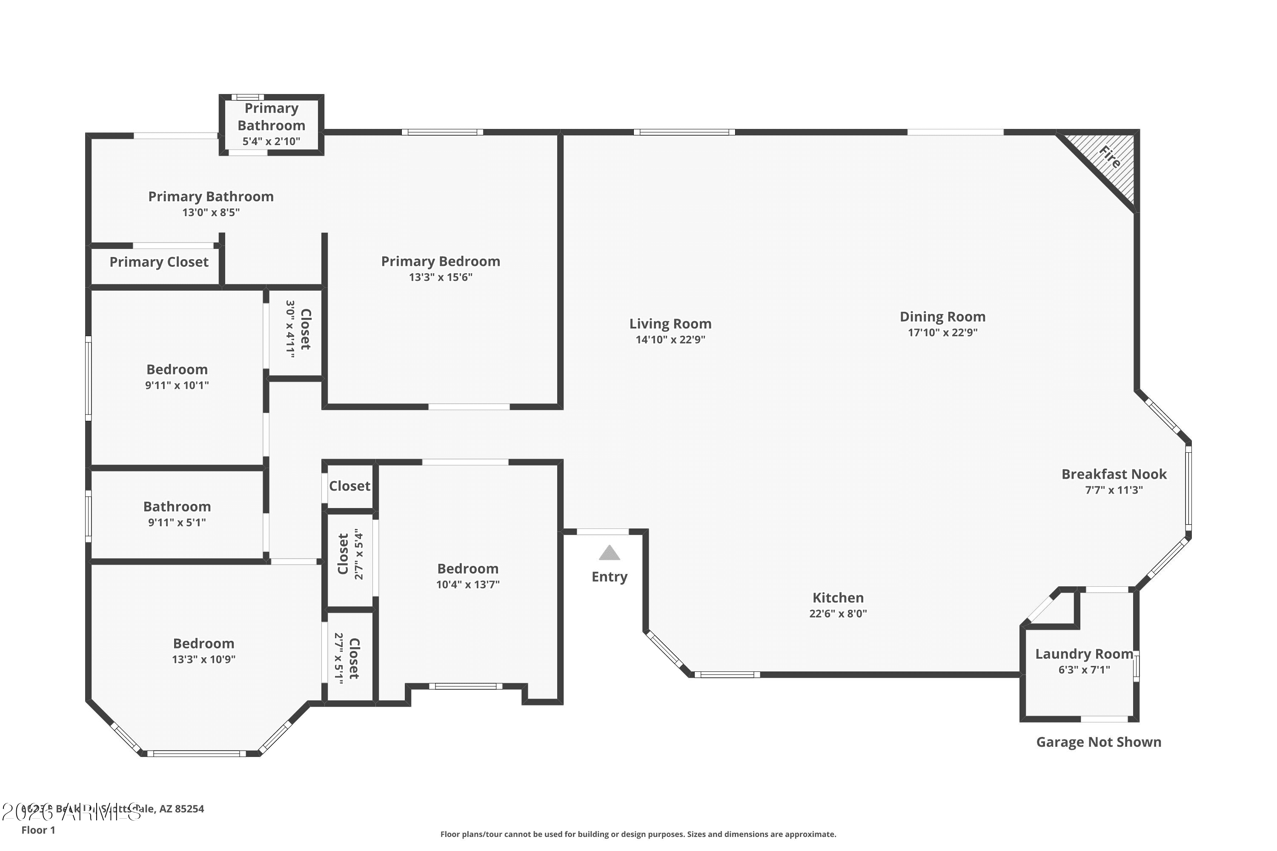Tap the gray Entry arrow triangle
click(609, 553)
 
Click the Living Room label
click(670, 324)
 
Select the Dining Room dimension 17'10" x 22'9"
click(942, 333)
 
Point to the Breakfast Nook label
click(1114, 474)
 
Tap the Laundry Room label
click(1084, 654)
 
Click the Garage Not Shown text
click(1098, 742)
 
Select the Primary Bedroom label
click(440, 262)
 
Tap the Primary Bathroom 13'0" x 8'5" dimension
click(211, 213)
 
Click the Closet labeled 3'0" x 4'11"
click(298, 329)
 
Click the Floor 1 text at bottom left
click(38, 830)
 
